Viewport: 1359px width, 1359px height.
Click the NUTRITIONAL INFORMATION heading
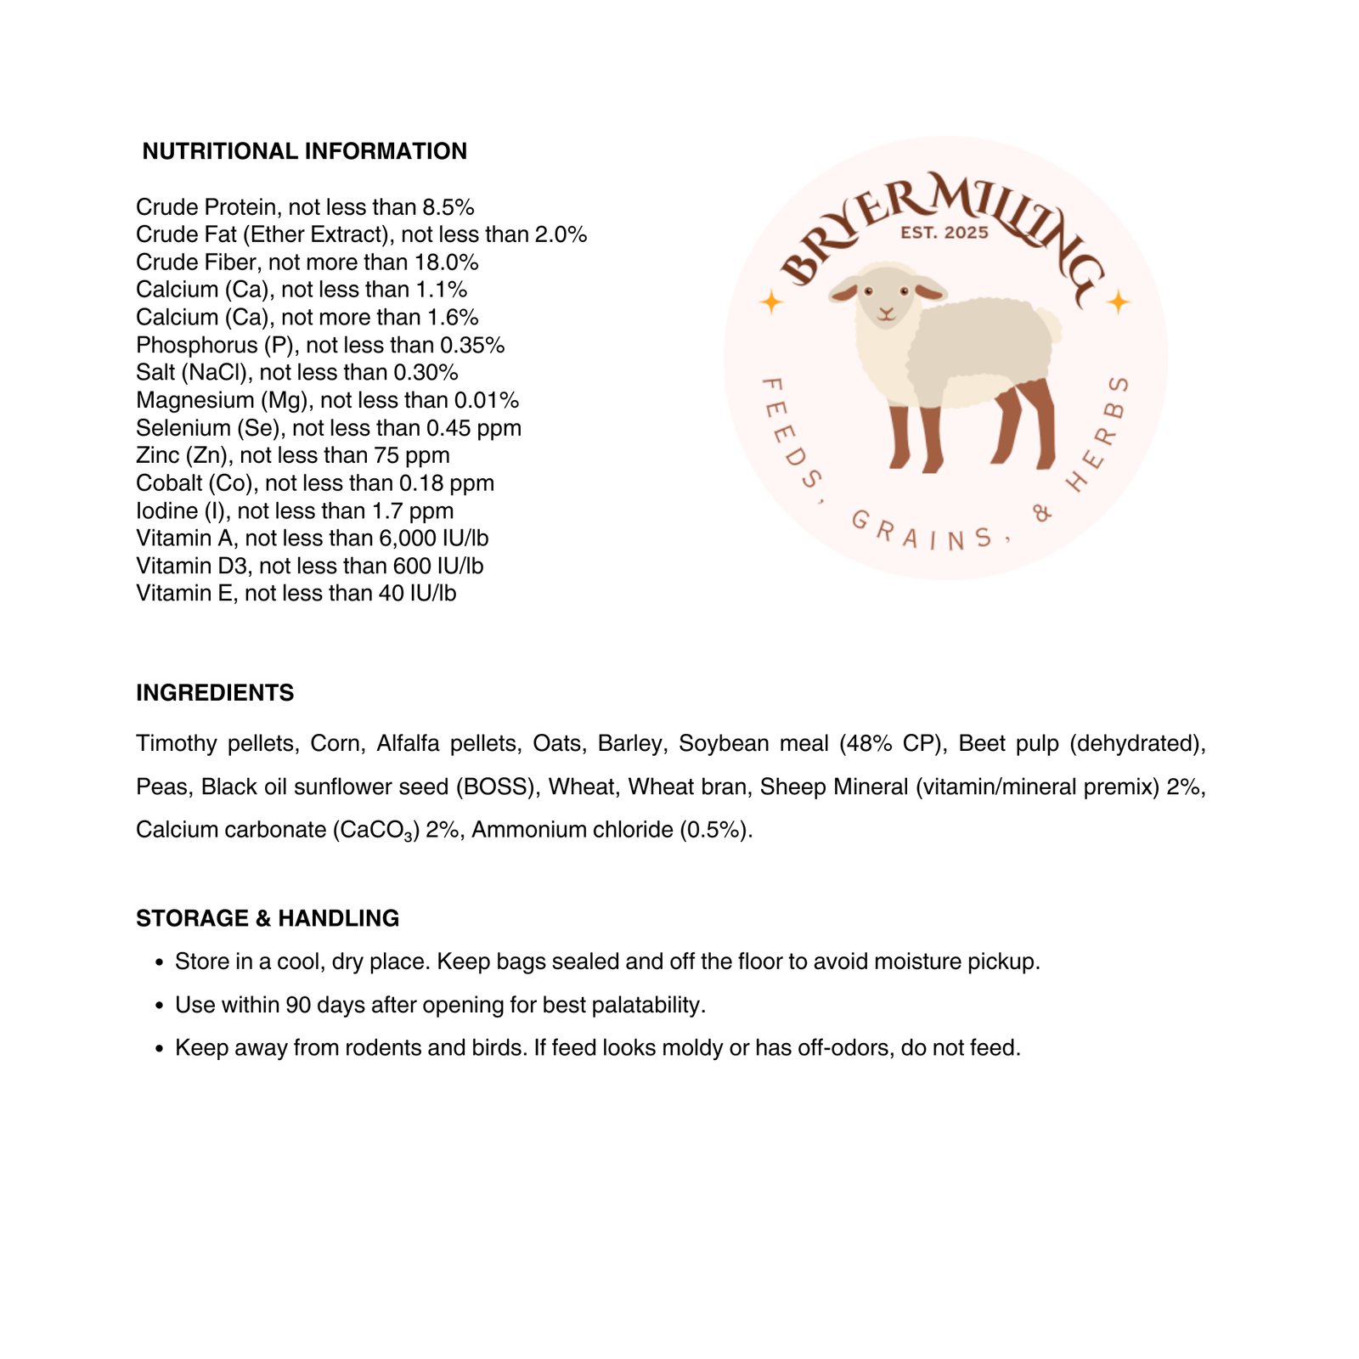click(x=304, y=151)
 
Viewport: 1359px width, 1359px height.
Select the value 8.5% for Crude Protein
click(x=448, y=207)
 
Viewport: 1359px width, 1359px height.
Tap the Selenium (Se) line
click(x=329, y=428)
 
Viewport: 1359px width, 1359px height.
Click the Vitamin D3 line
click(x=309, y=566)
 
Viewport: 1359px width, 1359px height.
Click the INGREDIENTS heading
click(x=215, y=693)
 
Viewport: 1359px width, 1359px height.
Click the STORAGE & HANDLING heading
click(x=268, y=918)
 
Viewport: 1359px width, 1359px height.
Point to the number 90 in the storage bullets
click(x=298, y=1006)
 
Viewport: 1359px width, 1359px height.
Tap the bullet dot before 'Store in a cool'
click(x=159, y=963)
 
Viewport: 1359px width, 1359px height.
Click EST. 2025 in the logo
click(x=945, y=233)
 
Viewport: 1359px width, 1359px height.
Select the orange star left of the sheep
click(x=770, y=302)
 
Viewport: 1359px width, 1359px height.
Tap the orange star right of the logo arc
click(x=1118, y=302)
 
